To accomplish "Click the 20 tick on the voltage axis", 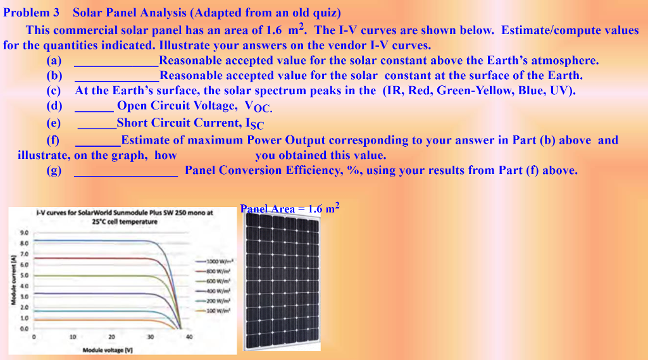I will click(111, 336).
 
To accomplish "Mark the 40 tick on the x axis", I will click(189, 336).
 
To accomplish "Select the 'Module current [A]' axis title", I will click(11, 278).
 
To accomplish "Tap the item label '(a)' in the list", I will click(54, 61).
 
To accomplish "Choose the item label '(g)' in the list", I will click(54, 170).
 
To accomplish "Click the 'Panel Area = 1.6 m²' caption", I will click(290, 208).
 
